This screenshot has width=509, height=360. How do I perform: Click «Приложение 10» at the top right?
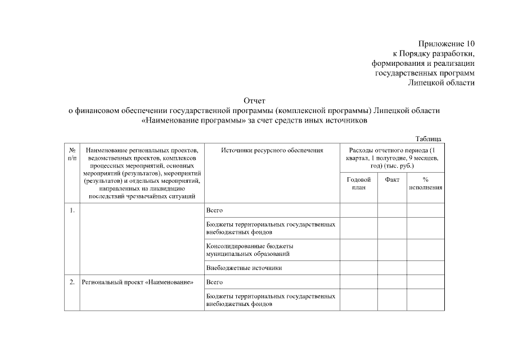coord(447,44)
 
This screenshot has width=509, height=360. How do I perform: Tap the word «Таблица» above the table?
coord(428,139)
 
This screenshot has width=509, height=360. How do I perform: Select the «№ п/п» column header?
coord(73,155)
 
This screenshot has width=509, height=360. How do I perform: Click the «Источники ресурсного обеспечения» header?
coord(272,151)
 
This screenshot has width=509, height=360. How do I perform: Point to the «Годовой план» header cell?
coord(359,183)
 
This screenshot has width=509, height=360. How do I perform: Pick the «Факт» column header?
coord(392,179)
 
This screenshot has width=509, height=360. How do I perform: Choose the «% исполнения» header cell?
coord(426,183)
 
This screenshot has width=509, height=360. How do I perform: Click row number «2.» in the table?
coord(73,282)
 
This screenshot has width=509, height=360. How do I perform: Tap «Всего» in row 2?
coord(215,282)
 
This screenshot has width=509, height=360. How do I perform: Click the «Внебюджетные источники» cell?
coord(244,268)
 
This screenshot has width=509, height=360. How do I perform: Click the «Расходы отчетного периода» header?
coord(392,158)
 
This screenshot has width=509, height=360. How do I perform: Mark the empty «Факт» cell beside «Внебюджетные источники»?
coord(392,268)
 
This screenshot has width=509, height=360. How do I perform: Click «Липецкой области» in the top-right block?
coord(442,83)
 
